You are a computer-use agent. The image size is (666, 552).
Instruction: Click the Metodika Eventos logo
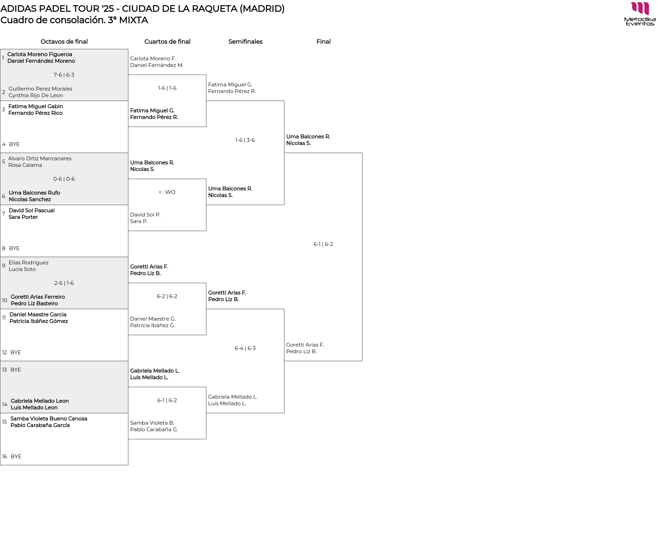click(x=640, y=14)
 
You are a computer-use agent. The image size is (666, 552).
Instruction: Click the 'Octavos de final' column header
click(x=64, y=42)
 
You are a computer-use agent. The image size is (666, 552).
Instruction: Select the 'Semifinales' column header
click(x=245, y=42)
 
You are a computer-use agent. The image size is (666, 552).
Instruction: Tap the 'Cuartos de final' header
click(x=167, y=42)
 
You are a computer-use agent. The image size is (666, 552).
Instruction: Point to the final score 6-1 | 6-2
click(x=323, y=244)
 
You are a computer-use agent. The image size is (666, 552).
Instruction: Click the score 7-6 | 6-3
click(x=64, y=75)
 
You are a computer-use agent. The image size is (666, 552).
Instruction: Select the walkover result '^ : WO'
click(x=167, y=192)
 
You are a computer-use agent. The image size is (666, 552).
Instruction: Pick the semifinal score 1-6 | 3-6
click(x=245, y=140)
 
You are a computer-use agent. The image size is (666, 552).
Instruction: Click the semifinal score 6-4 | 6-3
click(x=245, y=348)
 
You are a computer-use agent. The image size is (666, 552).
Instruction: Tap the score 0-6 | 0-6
click(x=64, y=179)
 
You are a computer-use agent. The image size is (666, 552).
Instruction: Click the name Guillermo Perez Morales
click(x=40, y=89)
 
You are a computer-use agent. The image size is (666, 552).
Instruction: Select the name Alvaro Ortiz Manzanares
click(x=40, y=159)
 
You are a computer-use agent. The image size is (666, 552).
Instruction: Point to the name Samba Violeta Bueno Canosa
click(x=49, y=419)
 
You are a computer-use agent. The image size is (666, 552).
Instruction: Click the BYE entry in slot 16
click(x=16, y=457)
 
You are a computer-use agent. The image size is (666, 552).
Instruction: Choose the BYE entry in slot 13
click(x=16, y=370)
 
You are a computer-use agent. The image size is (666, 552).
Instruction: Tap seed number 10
click(x=5, y=300)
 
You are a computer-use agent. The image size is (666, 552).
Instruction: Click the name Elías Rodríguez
click(x=28, y=263)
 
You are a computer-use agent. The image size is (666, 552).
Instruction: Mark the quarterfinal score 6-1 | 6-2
click(x=167, y=400)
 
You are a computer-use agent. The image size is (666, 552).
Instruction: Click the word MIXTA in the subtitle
click(x=133, y=20)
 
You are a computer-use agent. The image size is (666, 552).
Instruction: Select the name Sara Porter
click(x=23, y=217)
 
